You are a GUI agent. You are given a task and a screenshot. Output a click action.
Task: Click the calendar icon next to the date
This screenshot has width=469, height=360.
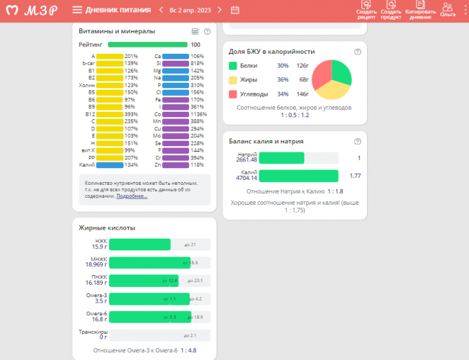[x=235, y=10]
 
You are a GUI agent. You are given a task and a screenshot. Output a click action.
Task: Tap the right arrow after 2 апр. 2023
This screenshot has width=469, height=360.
[x=219, y=10]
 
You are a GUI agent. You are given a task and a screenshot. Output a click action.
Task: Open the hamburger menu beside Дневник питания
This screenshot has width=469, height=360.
[x=77, y=10]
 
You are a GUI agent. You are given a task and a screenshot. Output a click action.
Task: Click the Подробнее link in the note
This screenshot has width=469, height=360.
[x=131, y=196]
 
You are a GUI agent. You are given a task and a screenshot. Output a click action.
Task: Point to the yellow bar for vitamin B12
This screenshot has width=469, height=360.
[x=110, y=114]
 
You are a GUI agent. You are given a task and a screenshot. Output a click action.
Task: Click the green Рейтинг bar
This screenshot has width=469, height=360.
[x=148, y=44]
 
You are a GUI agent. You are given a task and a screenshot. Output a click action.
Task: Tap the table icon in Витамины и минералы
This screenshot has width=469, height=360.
[x=194, y=31]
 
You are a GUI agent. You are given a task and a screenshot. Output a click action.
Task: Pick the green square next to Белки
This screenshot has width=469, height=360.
[x=232, y=66]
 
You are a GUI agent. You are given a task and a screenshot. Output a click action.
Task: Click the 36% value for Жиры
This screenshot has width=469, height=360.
[x=282, y=80]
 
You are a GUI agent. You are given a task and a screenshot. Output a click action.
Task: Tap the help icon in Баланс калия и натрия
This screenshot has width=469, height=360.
[x=357, y=141]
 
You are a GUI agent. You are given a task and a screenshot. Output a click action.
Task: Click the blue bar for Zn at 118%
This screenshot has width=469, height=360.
[x=175, y=165]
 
